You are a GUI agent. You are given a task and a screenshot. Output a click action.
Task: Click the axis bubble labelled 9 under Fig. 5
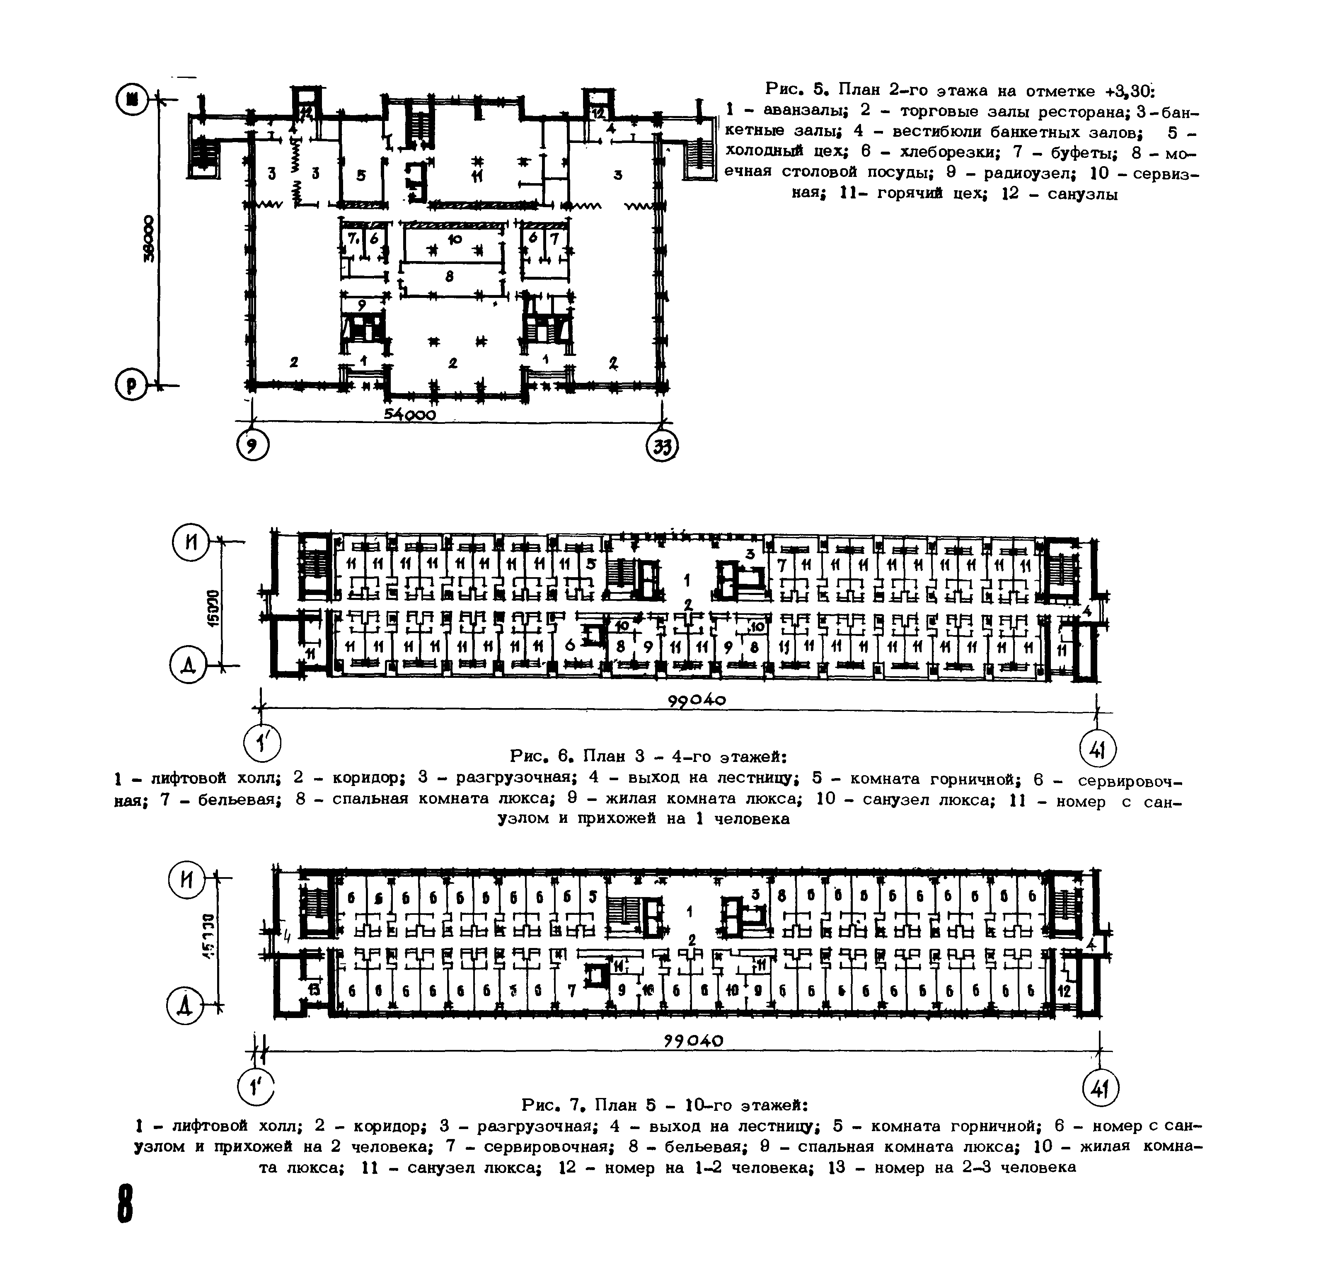253,445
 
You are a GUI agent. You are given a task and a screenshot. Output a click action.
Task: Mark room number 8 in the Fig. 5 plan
450,275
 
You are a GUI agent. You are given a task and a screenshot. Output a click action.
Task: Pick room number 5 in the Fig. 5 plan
361,175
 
